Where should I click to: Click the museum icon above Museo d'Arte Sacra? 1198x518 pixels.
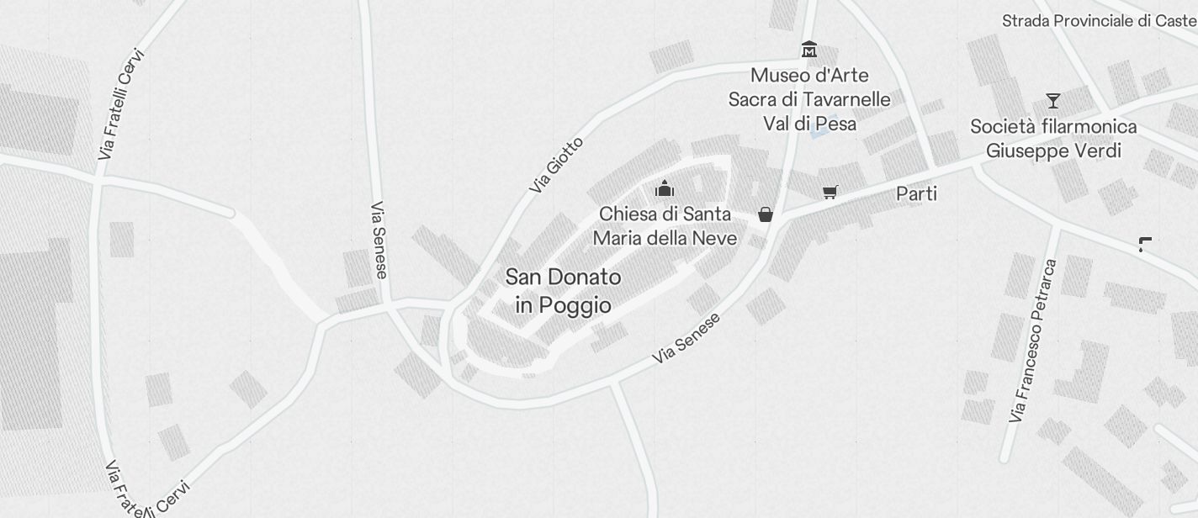coord(808,49)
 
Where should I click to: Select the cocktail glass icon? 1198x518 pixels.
coord(1052,101)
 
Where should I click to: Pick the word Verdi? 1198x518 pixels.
coord(1099,151)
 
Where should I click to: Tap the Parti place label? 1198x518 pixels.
coord(916,194)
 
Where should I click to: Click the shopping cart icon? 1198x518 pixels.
coord(830,193)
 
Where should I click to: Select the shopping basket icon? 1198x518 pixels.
coord(765,214)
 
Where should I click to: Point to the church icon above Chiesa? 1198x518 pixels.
coord(665,188)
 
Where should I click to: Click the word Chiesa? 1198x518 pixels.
coord(628,214)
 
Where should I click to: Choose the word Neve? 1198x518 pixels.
coord(715,238)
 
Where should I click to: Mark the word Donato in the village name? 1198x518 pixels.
coord(586,277)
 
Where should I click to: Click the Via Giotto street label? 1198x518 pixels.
coord(556,165)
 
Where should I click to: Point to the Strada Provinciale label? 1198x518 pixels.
coord(1098,21)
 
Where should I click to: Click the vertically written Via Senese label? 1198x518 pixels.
coord(379,240)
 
